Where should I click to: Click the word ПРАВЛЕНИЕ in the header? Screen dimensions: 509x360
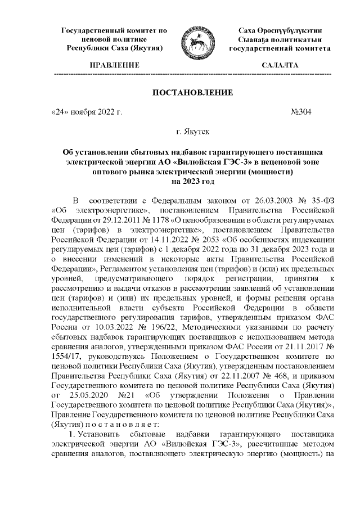click(x=115, y=66)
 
